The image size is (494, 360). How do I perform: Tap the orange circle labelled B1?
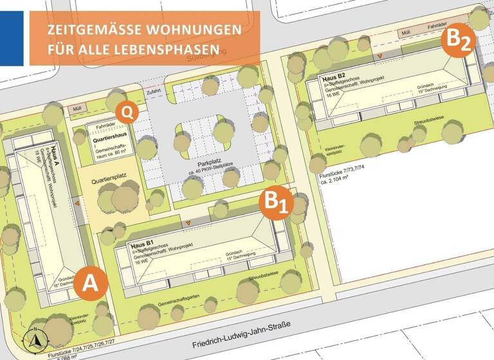277,203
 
